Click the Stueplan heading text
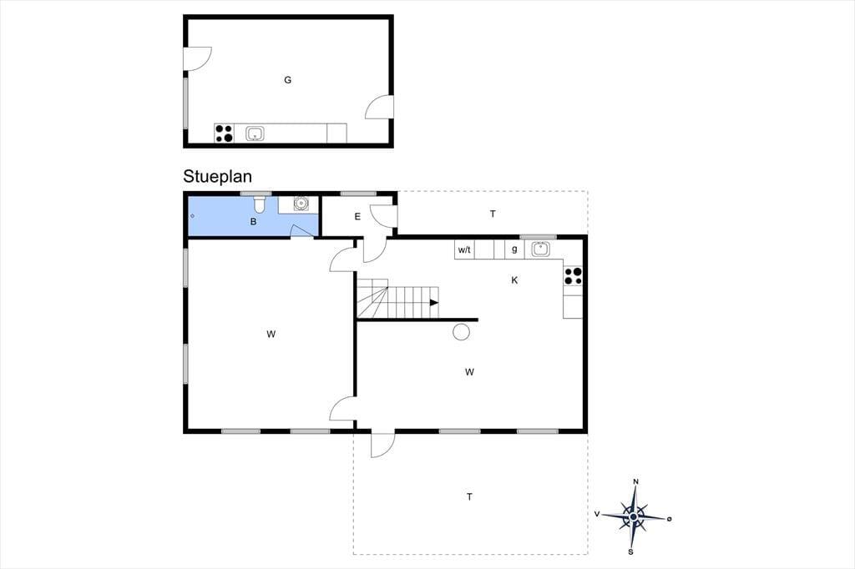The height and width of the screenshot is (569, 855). [x=217, y=177]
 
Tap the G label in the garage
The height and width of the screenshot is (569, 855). [x=287, y=80]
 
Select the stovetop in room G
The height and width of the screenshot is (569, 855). [x=224, y=133]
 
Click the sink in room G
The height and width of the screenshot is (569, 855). [x=255, y=133]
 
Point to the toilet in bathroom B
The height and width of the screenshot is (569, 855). [x=260, y=204]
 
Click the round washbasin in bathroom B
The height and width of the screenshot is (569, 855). [x=301, y=204]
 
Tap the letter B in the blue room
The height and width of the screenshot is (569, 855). [x=253, y=222]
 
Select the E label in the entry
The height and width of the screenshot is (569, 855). [x=357, y=217]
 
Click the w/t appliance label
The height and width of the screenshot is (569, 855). [x=464, y=250]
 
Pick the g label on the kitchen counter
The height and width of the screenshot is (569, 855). [x=514, y=249]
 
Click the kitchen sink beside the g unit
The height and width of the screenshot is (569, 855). [x=540, y=249]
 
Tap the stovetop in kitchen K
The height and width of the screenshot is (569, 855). [x=573, y=276]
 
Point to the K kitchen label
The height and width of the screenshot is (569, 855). [x=514, y=280]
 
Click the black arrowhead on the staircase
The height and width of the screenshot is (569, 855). [x=434, y=303]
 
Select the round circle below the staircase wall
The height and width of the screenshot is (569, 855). [x=461, y=332]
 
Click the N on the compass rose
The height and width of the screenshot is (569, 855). [x=635, y=481]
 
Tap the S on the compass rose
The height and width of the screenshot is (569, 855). [x=631, y=552]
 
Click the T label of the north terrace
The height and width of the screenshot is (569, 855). [x=493, y=214]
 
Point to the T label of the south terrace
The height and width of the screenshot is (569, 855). [x=469, y=497]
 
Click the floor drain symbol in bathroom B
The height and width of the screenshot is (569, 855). [x=193, y=216]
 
